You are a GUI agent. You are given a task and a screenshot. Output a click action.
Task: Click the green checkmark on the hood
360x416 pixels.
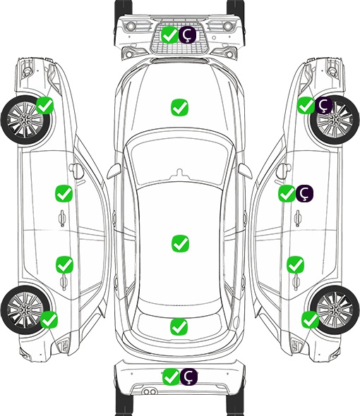[179, 107]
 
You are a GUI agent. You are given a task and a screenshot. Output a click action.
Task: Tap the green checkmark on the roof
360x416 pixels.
[180, 243]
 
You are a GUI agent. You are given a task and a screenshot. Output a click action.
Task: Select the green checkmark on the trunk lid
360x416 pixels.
[179, 326]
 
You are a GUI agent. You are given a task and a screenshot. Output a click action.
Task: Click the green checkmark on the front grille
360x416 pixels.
[169, 35]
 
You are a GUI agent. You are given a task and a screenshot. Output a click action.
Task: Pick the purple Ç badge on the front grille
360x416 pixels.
[187, 35]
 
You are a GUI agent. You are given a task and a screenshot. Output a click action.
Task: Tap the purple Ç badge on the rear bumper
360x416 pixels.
[188, 377]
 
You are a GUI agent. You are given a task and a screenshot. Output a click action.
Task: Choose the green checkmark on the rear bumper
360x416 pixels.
[171, 377]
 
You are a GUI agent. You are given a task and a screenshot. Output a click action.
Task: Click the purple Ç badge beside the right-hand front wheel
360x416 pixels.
[323, 105]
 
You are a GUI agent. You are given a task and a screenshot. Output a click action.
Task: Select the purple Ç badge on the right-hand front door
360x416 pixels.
[304, 193]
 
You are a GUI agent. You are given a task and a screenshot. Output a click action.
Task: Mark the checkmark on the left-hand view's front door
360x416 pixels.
[64, 193]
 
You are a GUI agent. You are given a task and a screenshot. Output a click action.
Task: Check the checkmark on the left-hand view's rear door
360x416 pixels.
[64, 264]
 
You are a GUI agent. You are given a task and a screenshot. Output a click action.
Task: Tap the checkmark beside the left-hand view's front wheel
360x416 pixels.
[45, 105]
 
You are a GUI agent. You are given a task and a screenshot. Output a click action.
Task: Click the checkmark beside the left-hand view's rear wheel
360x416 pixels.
[49, 319]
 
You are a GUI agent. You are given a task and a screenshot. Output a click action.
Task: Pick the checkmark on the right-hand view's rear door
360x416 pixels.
[296, 264]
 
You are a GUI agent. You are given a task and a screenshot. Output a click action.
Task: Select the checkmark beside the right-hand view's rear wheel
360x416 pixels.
[310, 319]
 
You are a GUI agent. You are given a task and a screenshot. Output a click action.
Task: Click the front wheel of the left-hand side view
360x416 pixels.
[25, 120]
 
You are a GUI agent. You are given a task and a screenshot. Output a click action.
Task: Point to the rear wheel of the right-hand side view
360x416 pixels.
[334, 310]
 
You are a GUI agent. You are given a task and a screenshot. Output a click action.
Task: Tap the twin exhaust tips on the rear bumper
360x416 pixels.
[150, 392]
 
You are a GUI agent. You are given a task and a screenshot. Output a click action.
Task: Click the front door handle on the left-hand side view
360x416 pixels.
[62, 218]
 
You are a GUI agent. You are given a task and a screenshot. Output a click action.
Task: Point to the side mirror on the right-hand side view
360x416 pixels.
[284, 171]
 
